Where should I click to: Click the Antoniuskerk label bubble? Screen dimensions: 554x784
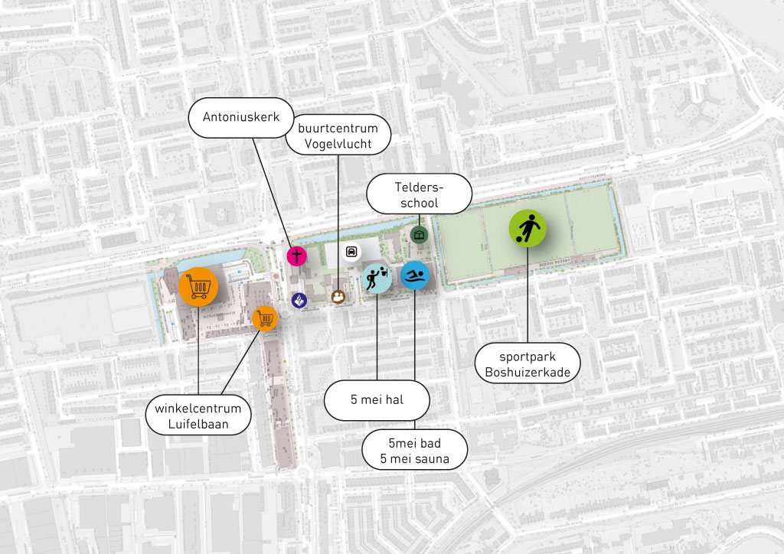pos(241,118)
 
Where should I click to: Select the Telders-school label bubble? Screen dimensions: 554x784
pos(419,194)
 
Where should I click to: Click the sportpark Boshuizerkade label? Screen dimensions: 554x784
pos(528,364)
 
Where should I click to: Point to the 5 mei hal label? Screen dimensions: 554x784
pos(377,399)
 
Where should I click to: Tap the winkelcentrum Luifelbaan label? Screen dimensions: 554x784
pos(198,415)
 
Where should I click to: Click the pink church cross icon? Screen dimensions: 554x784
pos(296,256)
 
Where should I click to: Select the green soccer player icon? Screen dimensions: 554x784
pos(528,228)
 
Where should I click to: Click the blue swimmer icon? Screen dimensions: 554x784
pos(415,276)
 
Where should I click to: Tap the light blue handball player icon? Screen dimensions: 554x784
pos(376,278)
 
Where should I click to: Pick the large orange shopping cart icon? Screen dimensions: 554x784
pos(198,286)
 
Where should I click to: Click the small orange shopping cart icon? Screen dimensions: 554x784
pos(265,318)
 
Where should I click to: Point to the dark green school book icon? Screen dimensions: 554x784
pos(418,234)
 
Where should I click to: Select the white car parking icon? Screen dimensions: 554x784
pos(351,251)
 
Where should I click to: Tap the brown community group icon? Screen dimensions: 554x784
pos(338,296)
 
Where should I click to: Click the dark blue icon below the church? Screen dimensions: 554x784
pos(299,301)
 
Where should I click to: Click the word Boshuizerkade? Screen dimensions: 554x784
pos(528,373)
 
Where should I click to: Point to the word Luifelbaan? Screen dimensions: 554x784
pos(198,424)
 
